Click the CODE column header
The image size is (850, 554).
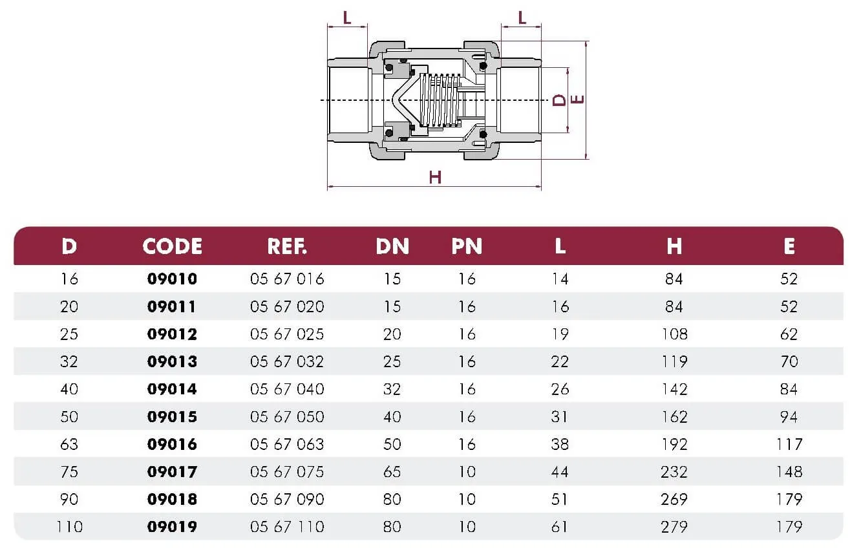pyautogui.click(x=173, y=246)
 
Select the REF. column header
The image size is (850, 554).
pyautogui.click(x=287, y=246)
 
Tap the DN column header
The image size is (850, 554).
pyautogui.click(x=392, y=246)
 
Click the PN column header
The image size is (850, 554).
pyautogui.click(x=467, y=246)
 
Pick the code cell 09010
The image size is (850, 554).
pyautogui.click(x=173, y=279)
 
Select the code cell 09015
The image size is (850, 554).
pyautogui.click(x=173, y=417)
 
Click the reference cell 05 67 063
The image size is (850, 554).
pyautogui.click(x=287, y=444)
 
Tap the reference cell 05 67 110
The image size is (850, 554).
pyautogui.click(x=287, y=527)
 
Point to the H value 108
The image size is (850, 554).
pyautogui.click(x=674, y=334)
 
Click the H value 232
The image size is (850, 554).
pyautogui.click(x=674, y=472)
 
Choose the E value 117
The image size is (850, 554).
pyautogui.click(x=789, y=444)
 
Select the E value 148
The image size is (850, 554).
pyautogui.click(x=789, y=472)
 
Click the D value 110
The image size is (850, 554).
pyautogui.click(x=69, y=527)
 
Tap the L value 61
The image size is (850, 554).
pyautogui.click(x=560, y=527)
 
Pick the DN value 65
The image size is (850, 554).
pyautogui.click(x=392, y=472)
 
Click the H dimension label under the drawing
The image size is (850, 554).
pyautogui.click(x=435, y=177)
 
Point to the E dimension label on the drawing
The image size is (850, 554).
pyautogui.click(x=577, y=100)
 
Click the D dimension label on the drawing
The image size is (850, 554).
pyautogui.click(x=559, y=100)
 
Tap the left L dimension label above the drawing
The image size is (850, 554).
pyautogui.click(x=347, y=17)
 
